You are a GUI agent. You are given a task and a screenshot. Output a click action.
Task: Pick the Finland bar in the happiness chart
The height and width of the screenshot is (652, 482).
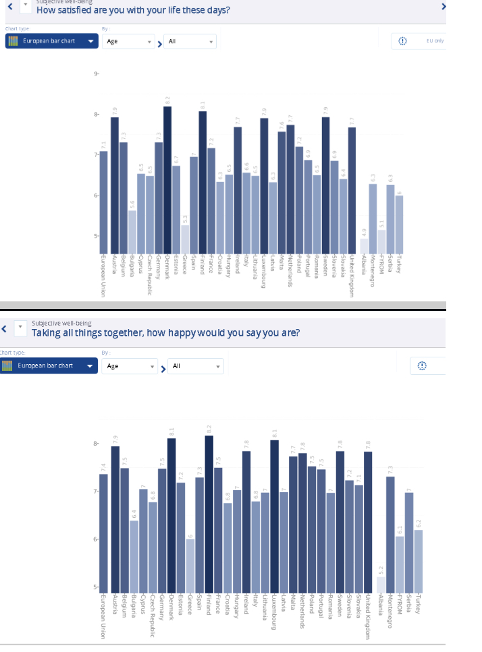pyautogui.click(x=209, y=512)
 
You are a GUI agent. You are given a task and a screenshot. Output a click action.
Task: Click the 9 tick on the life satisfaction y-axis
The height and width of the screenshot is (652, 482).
pyautogui.click(x=96, y=73)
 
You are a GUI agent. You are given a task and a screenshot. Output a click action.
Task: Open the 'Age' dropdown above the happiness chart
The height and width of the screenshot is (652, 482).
pyautogui.click(x=130, y=366)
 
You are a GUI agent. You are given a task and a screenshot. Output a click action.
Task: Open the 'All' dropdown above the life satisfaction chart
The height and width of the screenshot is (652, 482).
pyautogui.click(x=190, y=41)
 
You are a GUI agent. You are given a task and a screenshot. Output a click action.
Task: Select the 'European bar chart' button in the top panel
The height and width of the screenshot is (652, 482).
pyautogui.click(x=51, y=41)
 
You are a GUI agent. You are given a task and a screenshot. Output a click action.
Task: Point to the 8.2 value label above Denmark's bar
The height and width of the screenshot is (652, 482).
pyautogui.click(x=167, y=100)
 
